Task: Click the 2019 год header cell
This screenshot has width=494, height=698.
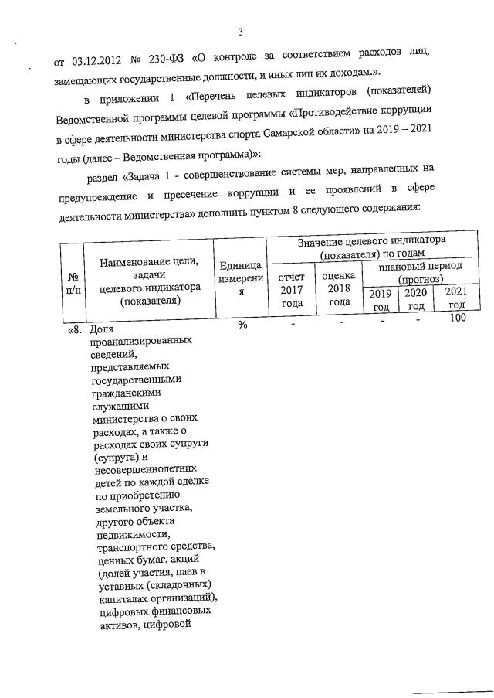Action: coord(381,300)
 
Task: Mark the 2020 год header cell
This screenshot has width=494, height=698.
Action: coord(416,300)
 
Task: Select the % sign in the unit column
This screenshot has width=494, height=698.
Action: coord(242,325)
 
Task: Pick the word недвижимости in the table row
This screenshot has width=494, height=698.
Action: coord(133,533)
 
